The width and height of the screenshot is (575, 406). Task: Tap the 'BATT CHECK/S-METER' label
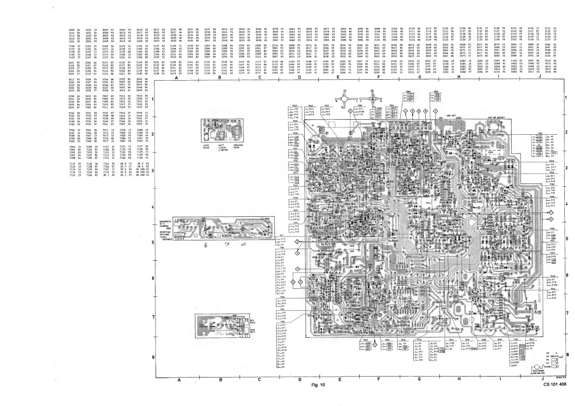223,146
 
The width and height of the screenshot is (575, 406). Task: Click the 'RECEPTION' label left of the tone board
166,232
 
